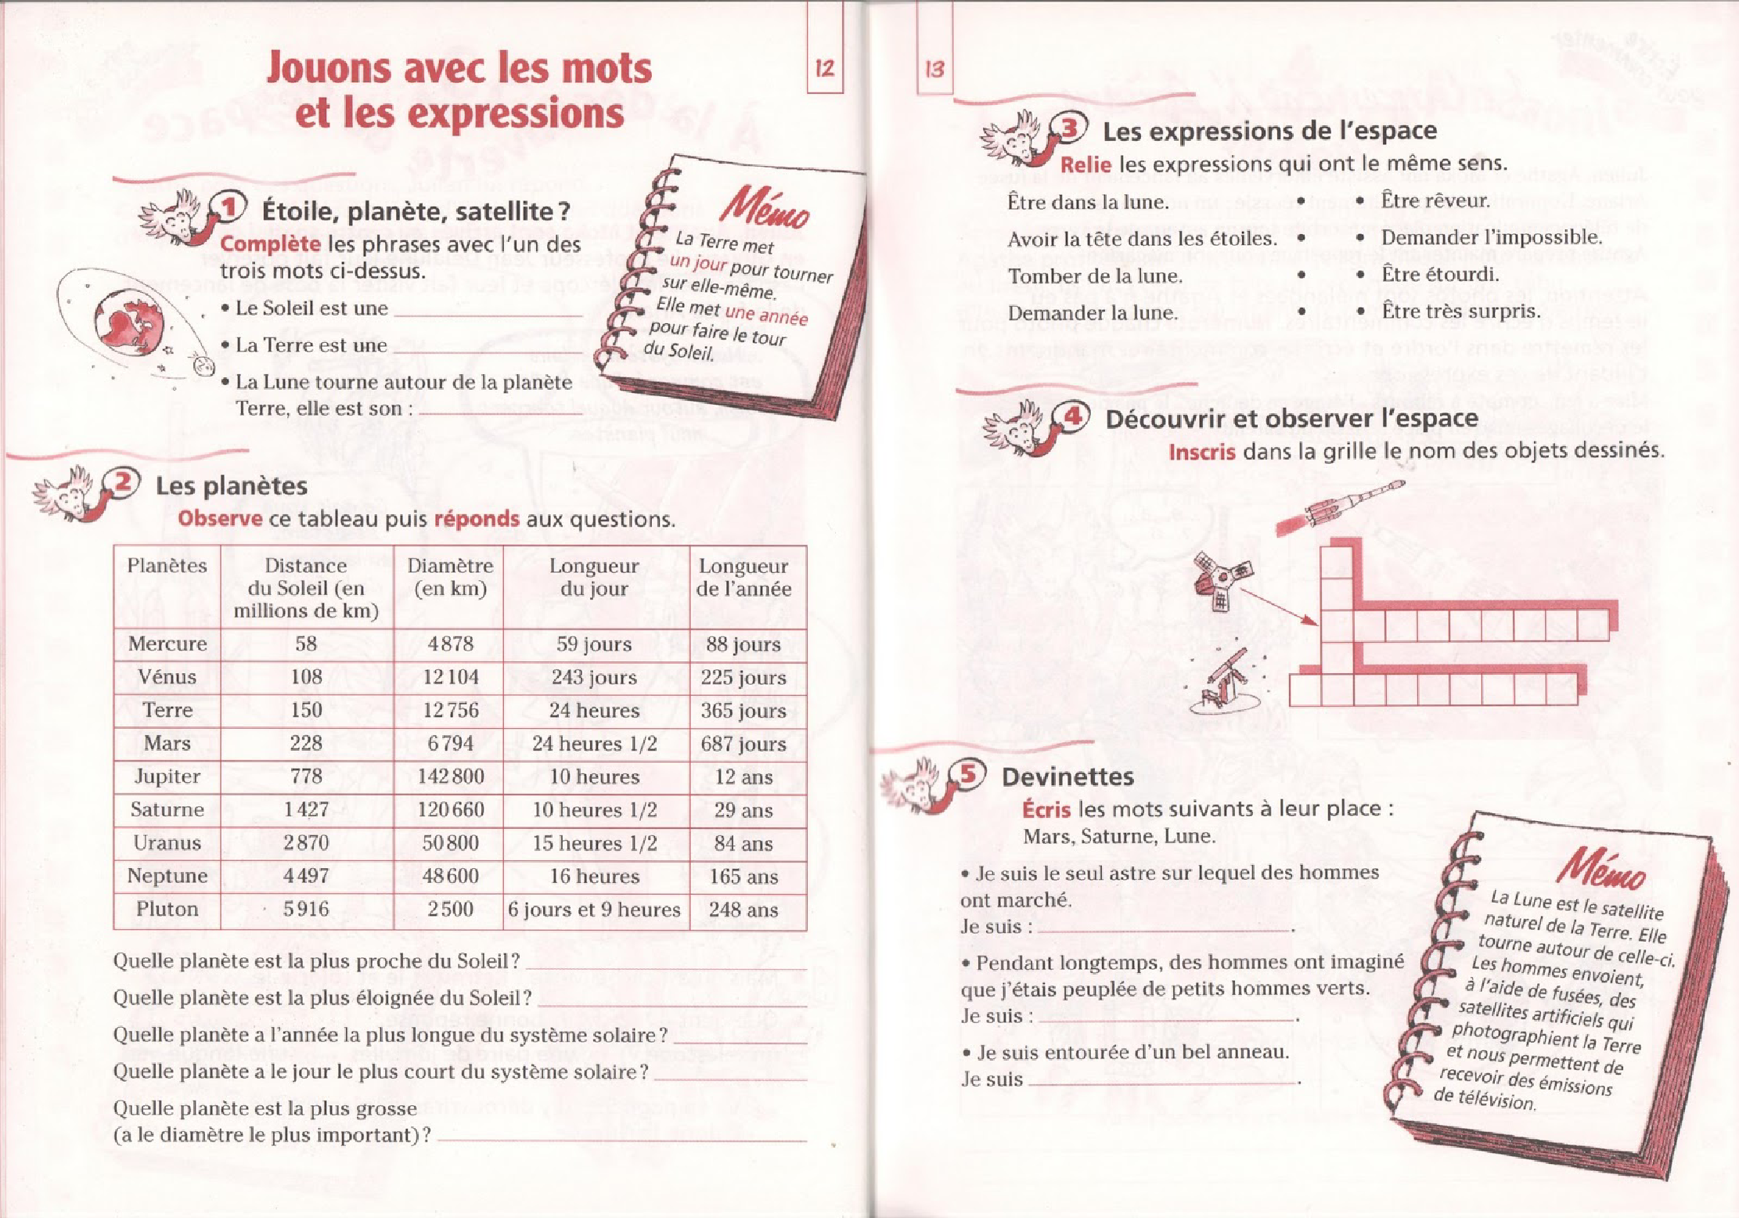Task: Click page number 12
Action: pyautogui.click(x=824, y=69)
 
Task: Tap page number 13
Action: pyautogui.click(x=934, y=70)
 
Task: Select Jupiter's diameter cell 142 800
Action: pyautogui.click(x=450, y=777)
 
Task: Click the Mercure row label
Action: pyautogui.click(x=167, y=644)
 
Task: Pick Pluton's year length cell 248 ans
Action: pyautogui.click(x=743, y=910)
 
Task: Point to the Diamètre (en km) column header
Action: pyautogui.click(x=450, y=577)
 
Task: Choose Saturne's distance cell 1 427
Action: pyautogui.click(x=306, y=809)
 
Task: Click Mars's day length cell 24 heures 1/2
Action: pyautogui.click(x=595, y=744)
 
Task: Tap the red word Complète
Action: pyautogui.click(x=270, y=244)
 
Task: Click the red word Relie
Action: pyautogui.click(x=1085, y=164)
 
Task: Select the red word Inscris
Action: pyautogui.click(x=1201, y=452)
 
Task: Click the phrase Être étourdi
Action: pyautogui.click(x=1440, y=275)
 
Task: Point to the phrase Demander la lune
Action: pyautogui.click(x=1092, y=313)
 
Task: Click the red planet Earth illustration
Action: pyautogui.click(x=130, y=321)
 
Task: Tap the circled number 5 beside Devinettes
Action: pyautogui.click(x=968, y=773)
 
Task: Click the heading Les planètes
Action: pyautogui.click(x=231, y=486)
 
